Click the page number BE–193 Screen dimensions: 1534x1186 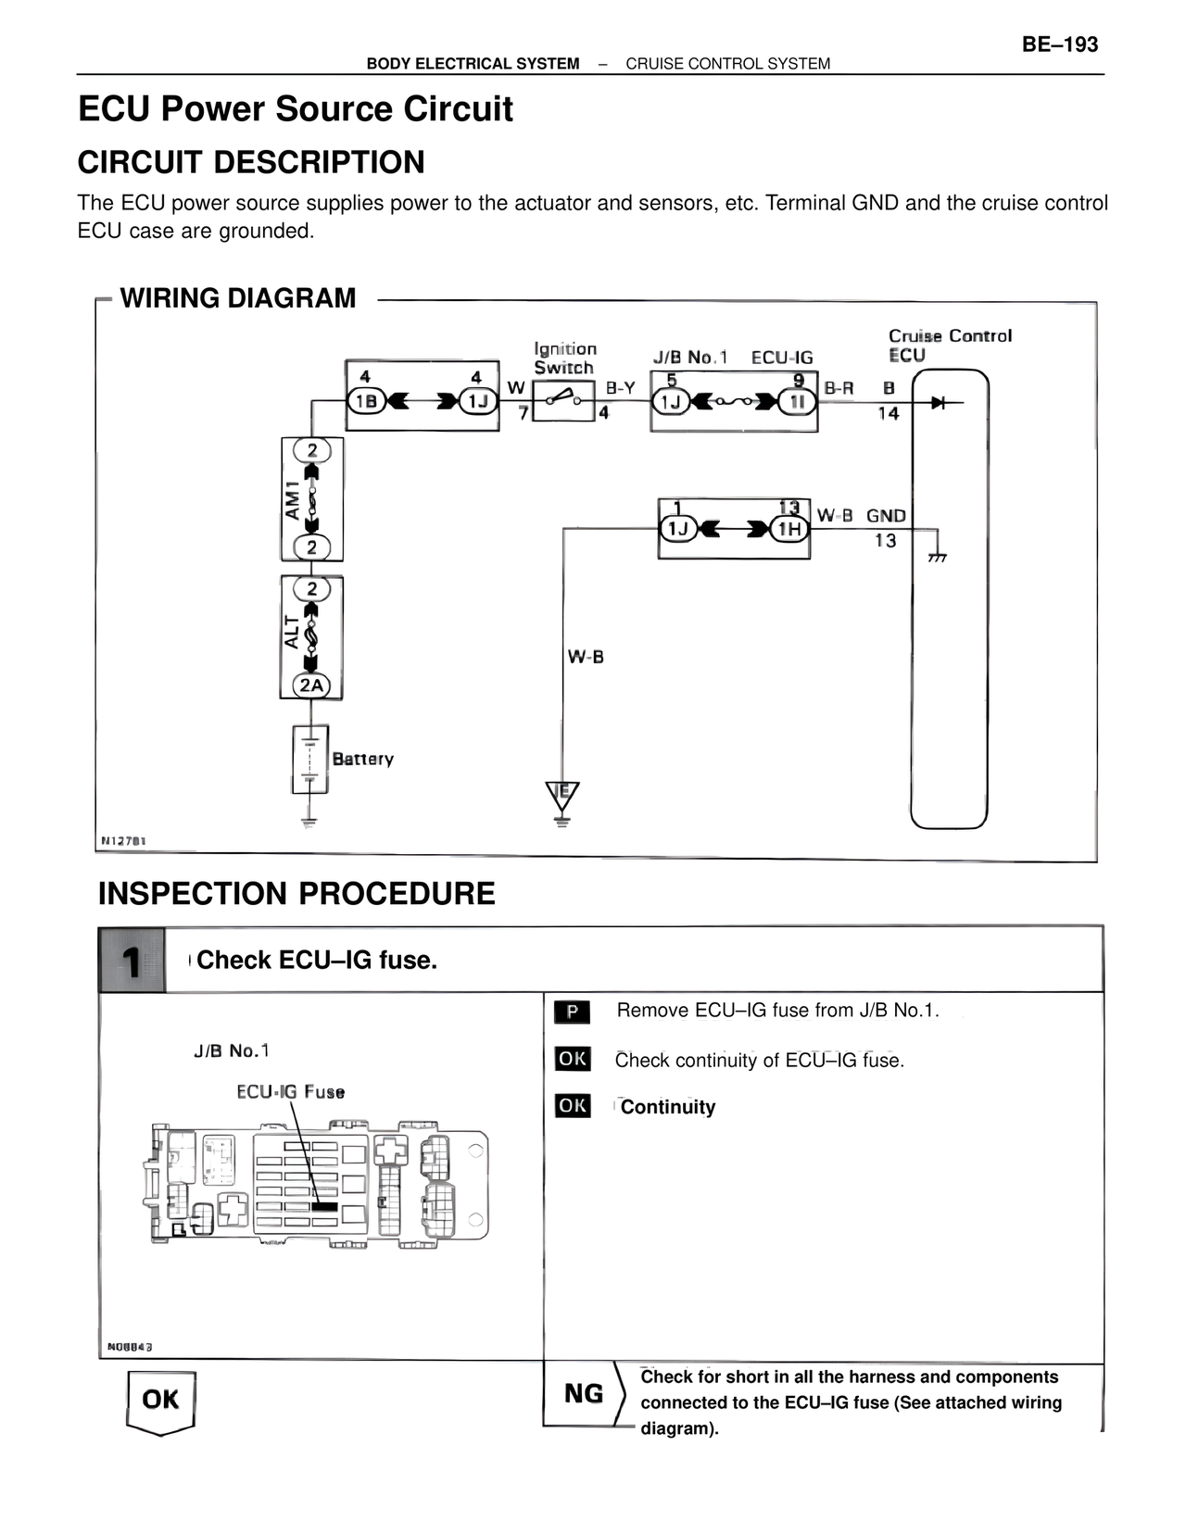click(1060, 44)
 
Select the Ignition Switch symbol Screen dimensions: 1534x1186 click(563, 400)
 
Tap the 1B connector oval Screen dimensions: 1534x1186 click(365, 401)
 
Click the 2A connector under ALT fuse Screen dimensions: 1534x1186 click(311, 685)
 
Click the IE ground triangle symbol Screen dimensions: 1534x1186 click(561, 795)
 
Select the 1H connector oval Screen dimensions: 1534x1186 click(789, 529)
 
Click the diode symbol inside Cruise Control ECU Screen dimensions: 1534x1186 click(938, 403)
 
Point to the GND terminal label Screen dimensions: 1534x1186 click(886, 516)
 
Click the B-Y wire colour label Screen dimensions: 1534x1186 click(621, 388)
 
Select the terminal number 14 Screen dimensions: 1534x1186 click(889, 413)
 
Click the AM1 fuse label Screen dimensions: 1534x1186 click(293, 500)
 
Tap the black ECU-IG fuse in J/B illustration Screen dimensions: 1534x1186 click(324, 1207)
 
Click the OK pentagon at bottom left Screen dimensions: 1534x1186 click(160, 1401)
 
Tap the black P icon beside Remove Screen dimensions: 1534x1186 click(572, 1012)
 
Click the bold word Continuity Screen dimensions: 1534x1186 click(668, 1107)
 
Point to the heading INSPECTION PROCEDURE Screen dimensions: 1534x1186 click(296, 894)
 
